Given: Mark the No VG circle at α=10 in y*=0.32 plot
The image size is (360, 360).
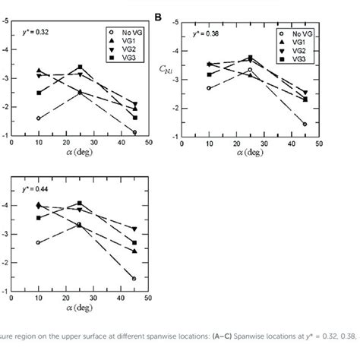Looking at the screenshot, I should [x=38, y=118].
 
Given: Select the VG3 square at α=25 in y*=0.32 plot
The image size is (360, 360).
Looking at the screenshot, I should [x=80, y=67].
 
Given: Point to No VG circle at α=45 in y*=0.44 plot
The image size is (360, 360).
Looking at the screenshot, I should [x=134, y=279].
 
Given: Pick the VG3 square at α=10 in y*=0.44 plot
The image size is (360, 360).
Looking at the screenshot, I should [x=38, y=217].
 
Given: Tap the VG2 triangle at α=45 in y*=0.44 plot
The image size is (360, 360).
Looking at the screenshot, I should [x=134, y=229].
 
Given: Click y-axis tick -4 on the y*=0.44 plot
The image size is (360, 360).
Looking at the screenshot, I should [x=6, y=206].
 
